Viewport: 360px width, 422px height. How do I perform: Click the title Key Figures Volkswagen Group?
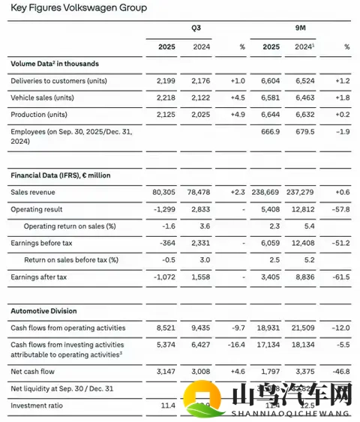coord(79,8)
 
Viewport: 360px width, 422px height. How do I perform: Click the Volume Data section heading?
coord(55,64)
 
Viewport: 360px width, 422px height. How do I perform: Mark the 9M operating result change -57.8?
coord(341,209)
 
